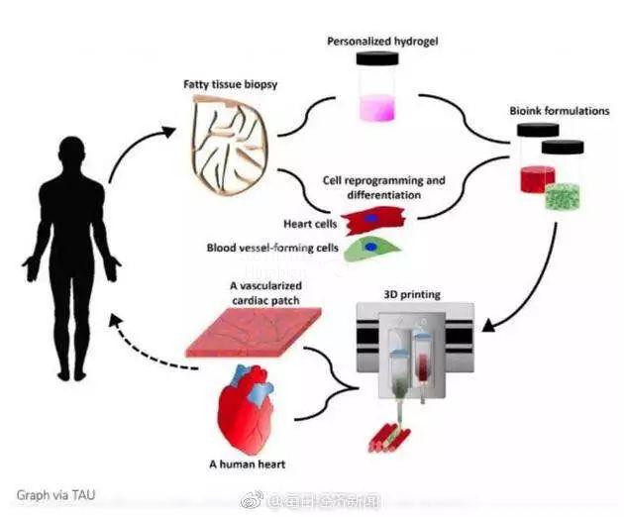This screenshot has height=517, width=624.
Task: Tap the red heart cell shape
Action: (370, 218)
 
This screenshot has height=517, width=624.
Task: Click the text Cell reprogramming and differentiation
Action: (384, 187)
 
